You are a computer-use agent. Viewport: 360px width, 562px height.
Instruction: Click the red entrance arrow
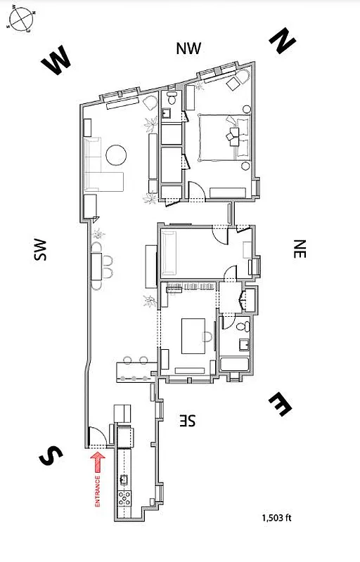point(98,462)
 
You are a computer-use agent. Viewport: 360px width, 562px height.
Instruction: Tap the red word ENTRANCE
point(98,491)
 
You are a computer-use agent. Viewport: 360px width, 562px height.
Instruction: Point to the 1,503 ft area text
point(276,518)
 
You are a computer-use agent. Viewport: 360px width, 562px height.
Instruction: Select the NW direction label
point(188,48)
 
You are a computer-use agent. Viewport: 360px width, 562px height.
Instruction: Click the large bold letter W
point(57,63)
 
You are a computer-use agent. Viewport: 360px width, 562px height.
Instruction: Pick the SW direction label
point(39,251)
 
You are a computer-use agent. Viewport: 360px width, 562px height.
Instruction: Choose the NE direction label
point(300,249)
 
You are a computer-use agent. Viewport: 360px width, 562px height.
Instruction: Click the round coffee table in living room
point(116,154)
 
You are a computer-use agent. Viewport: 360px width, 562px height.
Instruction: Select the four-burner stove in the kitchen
point(126,499)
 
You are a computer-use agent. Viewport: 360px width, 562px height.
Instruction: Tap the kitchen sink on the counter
point(124,479)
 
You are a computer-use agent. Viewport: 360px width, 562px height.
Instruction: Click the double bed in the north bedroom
point(224,137)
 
